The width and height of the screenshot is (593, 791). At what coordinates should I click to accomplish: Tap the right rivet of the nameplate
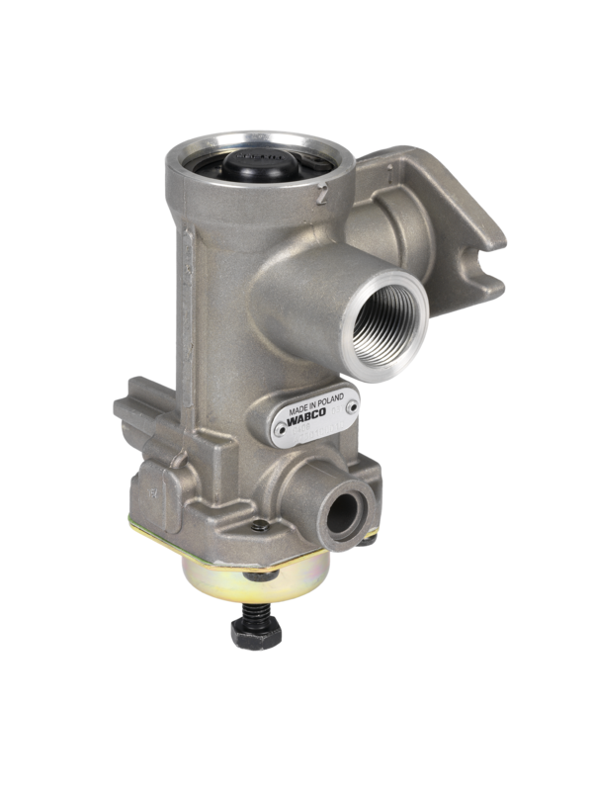click(350, 403)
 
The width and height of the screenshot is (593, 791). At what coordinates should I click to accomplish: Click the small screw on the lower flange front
click(259, 526)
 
